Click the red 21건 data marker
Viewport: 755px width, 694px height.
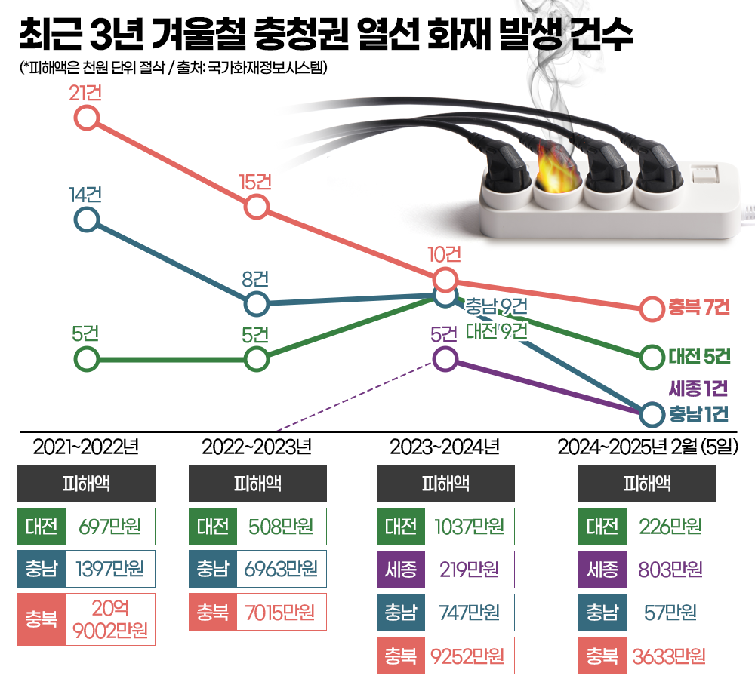(87, 118)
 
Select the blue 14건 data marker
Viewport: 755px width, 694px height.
(87, 220)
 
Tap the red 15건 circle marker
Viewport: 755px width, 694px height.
(257, 206)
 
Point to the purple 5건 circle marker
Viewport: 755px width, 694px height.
(445, 358)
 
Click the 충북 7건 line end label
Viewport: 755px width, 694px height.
(698, 308)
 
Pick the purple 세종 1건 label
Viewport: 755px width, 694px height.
(698, 389)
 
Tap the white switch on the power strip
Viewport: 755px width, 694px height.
(705, 176)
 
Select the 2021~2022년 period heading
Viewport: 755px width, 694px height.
(86, 447)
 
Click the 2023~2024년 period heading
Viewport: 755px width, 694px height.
(445, 447)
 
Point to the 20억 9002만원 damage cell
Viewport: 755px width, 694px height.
(110, 619)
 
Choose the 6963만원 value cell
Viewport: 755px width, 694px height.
(281, 570)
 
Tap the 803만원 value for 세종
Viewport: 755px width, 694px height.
(671, 570)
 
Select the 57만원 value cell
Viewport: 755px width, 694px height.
(671, 613)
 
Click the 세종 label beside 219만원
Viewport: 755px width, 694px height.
(400, 570)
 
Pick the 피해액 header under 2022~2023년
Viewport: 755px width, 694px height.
(257, 484)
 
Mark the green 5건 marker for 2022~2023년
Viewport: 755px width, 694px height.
(257, 359)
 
